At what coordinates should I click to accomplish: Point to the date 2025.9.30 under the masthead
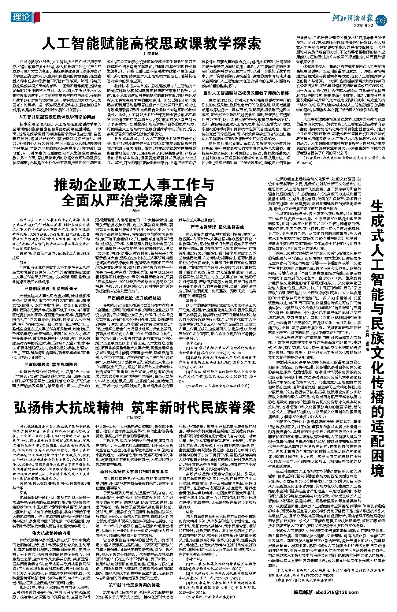363,25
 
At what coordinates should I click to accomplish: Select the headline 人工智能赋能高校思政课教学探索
152,43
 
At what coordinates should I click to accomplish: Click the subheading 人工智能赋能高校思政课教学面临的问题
56,117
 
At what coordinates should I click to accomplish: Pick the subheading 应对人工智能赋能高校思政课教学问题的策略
246,93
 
